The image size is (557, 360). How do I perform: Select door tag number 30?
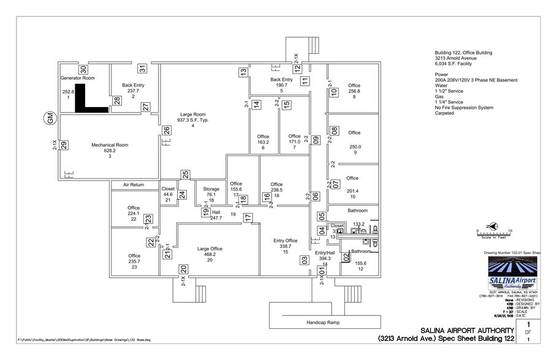tap(83, 69)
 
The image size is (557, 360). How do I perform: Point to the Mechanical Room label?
tap(110, 145)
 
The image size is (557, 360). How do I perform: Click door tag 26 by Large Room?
tap(166, 130)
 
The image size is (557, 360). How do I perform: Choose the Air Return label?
tap(133, 184)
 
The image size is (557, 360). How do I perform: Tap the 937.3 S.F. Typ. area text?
tap(192, 120)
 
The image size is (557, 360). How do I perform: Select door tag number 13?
tap(243, 72)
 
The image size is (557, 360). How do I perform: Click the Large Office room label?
tap(210, 249)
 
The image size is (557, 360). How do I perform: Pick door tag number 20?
tap(183, 269)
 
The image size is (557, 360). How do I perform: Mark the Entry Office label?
tap(285, 240)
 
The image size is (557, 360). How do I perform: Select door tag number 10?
tap(335, 92)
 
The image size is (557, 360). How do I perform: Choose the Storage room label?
tap(211, 189)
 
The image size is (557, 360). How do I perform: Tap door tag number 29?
tap(64, 145)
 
